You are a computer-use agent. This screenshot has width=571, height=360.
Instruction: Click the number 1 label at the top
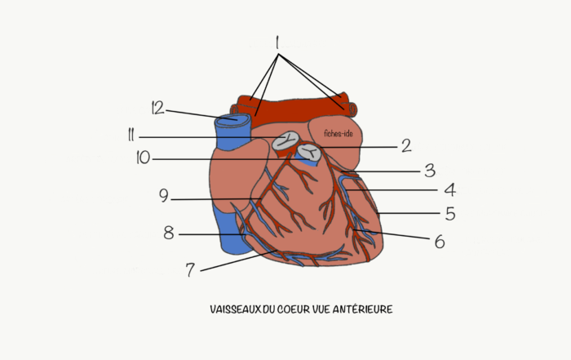tap(277, 42)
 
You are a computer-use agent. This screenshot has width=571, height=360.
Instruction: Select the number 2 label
tap(406, 146)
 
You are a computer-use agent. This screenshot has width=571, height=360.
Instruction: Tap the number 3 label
tap(430, 171)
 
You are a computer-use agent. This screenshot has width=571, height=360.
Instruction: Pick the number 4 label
tap(450, 190)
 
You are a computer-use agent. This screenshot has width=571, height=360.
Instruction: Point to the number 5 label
tap(450, 214)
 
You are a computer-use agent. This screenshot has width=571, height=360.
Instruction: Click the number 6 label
tap(440, 242)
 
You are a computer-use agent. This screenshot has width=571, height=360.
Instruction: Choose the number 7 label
tap(190, 270)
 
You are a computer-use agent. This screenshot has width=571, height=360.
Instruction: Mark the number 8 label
tap(168, 233)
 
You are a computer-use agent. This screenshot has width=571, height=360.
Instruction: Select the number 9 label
tap(164, 196)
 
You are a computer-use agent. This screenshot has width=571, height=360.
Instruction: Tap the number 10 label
tap(143, 158)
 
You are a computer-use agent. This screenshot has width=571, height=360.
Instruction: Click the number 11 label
tap(131, 136)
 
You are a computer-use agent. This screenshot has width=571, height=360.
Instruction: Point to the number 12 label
tap(157, 108)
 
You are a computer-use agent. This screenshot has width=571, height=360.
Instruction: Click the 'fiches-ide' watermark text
tap(339, 134)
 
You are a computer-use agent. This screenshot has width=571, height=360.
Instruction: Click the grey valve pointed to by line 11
tap(285, 140)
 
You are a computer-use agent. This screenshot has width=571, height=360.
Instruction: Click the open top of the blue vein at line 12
tap(232, 119)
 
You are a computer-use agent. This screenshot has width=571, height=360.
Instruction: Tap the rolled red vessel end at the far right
tap(352, 109)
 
